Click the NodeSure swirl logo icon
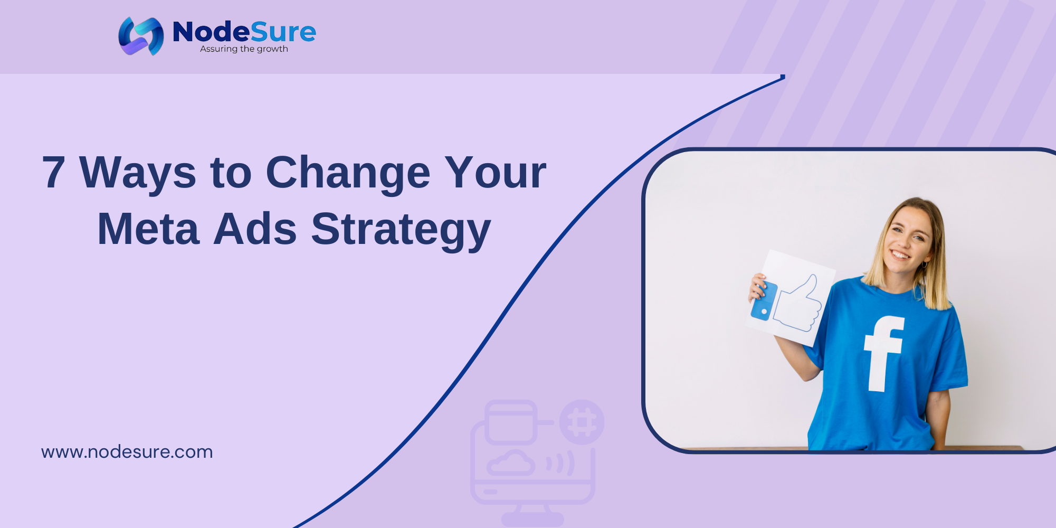(x=141, y=36)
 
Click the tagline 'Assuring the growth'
(x=244, y=49)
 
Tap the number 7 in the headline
(x=54, y=172)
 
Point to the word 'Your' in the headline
(x=495, y=172)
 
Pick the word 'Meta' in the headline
(x=148, y=229)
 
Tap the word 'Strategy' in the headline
(x=401, y=231)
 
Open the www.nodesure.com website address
(x=127, y=452)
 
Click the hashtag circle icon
(x=582, y=422)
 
